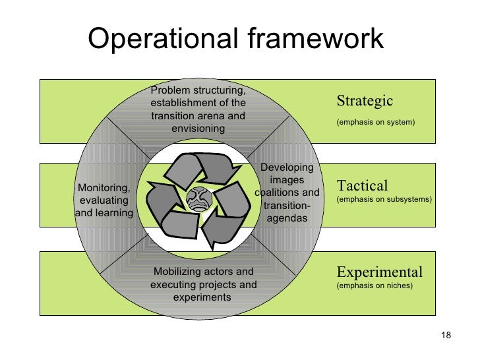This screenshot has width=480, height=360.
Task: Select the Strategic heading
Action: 365,101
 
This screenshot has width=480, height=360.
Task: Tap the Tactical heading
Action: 362,185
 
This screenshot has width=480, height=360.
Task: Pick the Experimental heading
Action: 380,272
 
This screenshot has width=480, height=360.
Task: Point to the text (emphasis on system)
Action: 375,122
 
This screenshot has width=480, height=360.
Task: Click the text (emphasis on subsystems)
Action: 384,198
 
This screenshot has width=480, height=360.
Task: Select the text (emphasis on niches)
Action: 374,286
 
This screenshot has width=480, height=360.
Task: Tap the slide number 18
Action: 445,338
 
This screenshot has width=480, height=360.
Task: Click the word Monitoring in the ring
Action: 104,189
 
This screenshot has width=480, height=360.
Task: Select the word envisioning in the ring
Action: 198,128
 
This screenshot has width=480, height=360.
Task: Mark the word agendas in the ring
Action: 287,218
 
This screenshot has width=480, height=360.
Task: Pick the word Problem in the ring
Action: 169,90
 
